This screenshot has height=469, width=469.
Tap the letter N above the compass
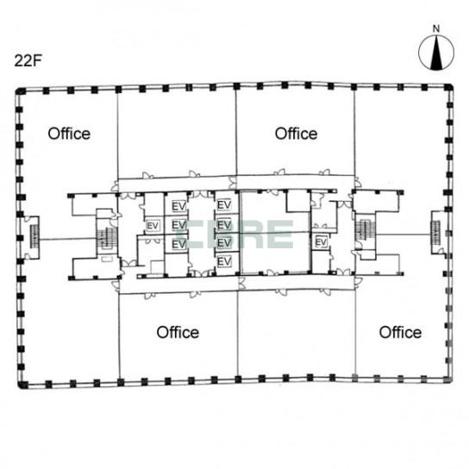coord(436,28)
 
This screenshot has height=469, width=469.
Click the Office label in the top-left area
coord(69,134)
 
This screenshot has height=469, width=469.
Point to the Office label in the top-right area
coord(296,134)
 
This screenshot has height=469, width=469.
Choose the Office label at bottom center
coord(178,332)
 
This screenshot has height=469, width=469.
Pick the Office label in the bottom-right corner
coord(400,332)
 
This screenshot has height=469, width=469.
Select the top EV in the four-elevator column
coord(223,205)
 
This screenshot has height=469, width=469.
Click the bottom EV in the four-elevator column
coord(223,260)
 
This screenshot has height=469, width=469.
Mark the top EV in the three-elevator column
coord(179,207)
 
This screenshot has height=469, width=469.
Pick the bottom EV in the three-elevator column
coord(179,244)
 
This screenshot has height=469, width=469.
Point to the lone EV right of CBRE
coord(321,242)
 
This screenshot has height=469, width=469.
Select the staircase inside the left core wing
coord(107,234)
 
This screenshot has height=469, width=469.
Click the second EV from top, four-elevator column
coord(223,224)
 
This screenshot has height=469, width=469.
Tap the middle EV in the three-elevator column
coord(179,226)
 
